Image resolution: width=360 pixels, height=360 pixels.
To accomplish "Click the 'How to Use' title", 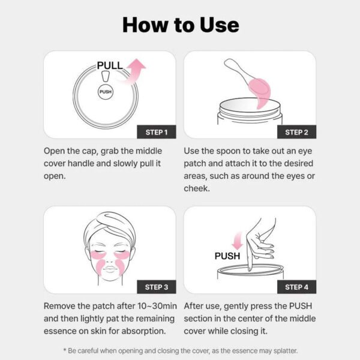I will pos(180,25).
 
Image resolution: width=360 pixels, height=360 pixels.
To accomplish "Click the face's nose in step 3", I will pos(109,259).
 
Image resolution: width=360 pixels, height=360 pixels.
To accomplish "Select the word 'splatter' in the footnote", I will pos(281,350).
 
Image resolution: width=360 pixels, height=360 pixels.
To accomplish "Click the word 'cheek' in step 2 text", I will pos(197,188).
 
